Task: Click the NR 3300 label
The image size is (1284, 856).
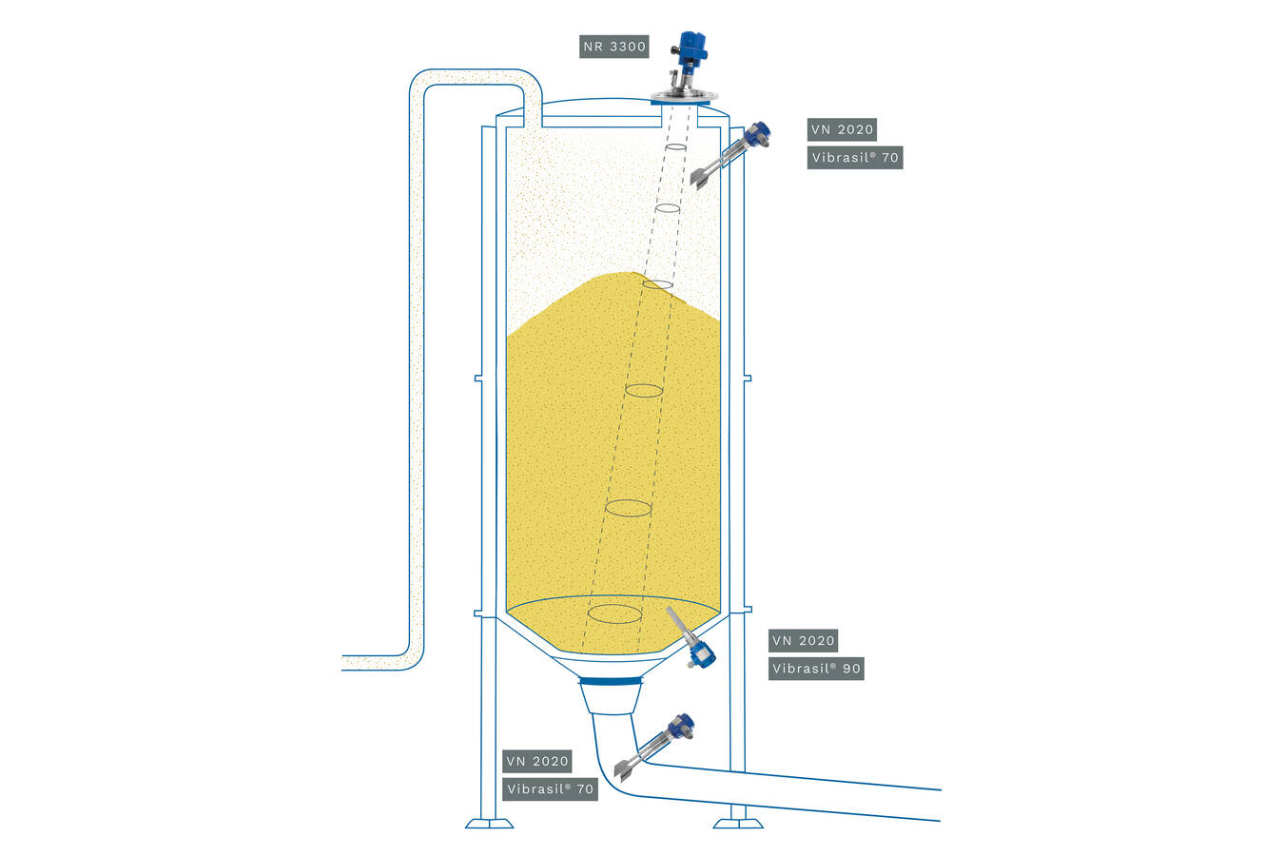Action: pyautogui.click(x=614, y=47)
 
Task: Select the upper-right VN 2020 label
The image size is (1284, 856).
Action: pyautogui.click(x=841, y=130)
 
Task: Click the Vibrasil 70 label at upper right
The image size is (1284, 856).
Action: pyautogui.click(x=854, y=158)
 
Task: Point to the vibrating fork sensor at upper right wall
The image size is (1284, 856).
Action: pyautogui.click(x=732, y=152)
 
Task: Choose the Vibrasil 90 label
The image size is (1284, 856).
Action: pyautogui.click(x=816, y=669)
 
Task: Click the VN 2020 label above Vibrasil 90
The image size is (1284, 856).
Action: pyautogui.click(x=803, y=641)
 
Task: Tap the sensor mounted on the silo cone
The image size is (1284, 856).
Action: pyautogui.click(x=691, y=640)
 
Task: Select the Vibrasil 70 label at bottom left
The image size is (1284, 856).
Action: pyautogui.click(x=550, y=788)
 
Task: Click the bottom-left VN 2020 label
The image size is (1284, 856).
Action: pyautogui.click(x=536, y=761)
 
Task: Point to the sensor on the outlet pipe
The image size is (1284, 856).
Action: pyautogui.click(x=658, y=745)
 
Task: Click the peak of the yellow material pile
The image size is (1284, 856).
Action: pyautogui.click(x=628, y=275)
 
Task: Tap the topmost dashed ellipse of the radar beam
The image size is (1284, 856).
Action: pyautogui.click(x=675, y=148)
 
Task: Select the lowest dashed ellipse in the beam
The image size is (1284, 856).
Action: pyautogui.click(x=614, y=613)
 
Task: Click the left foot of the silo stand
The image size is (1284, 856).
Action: pyautogui.click(x=489, y=822)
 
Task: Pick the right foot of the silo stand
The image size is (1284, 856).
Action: pyautogui.click(x=738, y=822)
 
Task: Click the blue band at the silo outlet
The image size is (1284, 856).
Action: pyautogui.click(x=611, y=680)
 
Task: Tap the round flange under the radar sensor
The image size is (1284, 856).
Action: pyautogui.click(x=685, y=97)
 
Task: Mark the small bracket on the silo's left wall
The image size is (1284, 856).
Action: pyautogui.click(x=479, y=378)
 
